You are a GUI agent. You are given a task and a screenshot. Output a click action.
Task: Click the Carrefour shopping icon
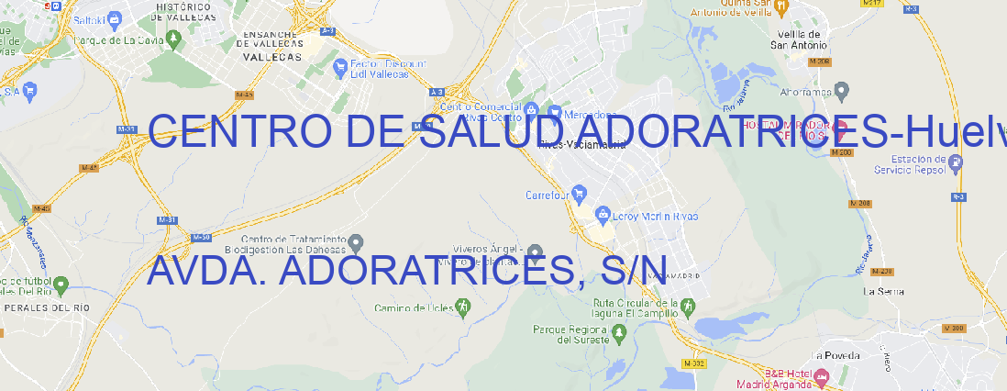(x=581, y=194)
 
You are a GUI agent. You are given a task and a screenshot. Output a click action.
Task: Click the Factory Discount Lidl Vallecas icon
(x=340, y=66)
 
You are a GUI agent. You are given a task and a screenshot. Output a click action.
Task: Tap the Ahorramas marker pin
(x=843, y=90)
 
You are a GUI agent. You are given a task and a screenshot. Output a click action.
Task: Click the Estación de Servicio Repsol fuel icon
(x=957, y=163)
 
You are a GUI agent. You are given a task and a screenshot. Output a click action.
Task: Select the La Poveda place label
(x=835, y=355)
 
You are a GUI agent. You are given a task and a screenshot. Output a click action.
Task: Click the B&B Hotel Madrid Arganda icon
(x=822, y=375)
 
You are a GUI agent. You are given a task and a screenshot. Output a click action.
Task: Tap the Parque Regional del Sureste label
(x=570, y=333)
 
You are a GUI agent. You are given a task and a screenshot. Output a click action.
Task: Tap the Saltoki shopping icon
(x=114, y=17)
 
